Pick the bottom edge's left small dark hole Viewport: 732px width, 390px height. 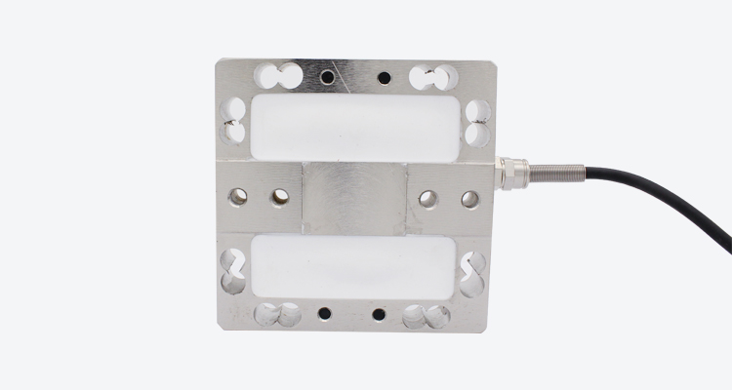323,314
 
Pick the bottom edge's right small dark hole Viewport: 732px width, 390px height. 380,314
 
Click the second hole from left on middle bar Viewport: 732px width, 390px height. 280,199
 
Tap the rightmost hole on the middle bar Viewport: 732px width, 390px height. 469,199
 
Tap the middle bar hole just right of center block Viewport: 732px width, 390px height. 427,199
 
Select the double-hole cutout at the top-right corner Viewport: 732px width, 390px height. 433,75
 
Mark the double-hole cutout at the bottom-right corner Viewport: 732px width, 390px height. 428,314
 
